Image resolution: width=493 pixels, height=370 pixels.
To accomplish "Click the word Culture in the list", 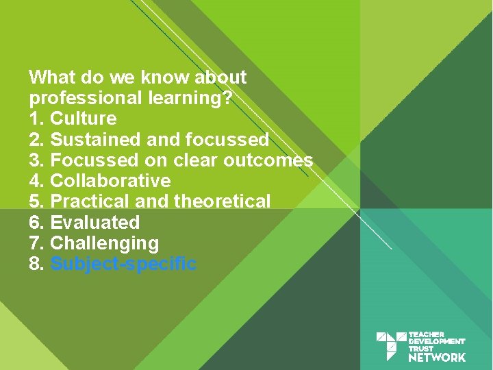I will pyautogui.click(x=84, y=119).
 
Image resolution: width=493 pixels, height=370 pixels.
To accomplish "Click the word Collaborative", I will pyautogui.click(x=110, y=181).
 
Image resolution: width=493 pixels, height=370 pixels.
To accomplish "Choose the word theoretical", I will pyautogui.click(x=223, y=202).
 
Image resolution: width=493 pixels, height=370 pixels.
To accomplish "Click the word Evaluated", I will pyautogui.click(x=95, y=223).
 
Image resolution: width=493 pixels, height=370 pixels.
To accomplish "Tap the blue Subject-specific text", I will pyautogui.click(x=124, y=264).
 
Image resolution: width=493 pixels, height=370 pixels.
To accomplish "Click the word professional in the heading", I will pyautogui.click(x=86, y=98).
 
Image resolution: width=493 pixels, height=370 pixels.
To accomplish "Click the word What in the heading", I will pyautogui.click(x=51, y=77).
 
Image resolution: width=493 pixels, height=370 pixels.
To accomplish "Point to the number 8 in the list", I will pyautogui.click(x=36, y=264).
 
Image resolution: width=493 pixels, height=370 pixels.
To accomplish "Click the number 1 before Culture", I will pyautogui.click(x=35, y=119).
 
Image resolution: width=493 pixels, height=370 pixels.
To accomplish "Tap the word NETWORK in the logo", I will pyautogui.click(x=437, y=357).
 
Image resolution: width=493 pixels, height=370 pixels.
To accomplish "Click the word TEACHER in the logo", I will pyautogui.click(x=426, y=334).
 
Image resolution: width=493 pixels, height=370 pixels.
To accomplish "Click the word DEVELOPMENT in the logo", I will pyautogui.click(x=437, y=341).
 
